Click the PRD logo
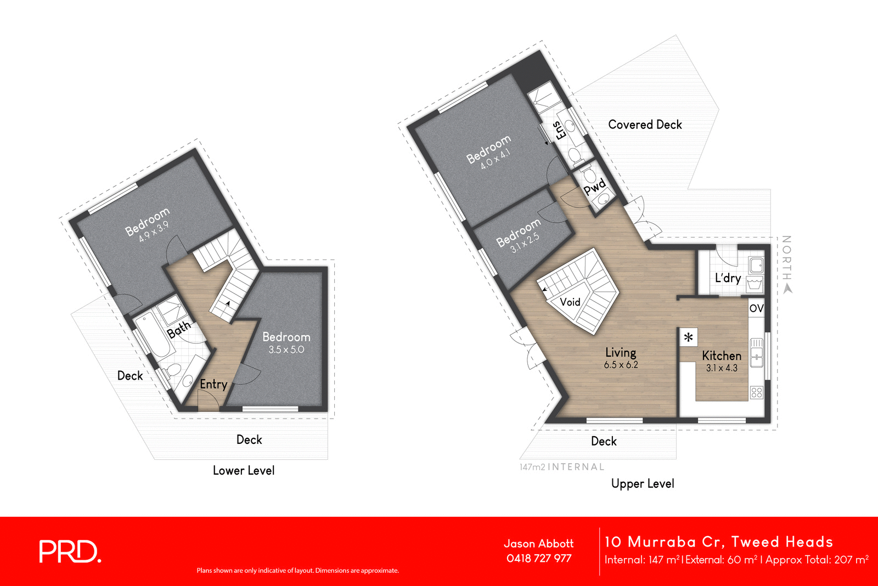(70, 551)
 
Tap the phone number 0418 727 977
(538, 559)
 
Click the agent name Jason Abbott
(538, 544)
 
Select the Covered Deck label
(645, 125)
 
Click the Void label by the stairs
(570, 302)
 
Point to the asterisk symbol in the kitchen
(688, 337)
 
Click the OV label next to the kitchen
(756, 308)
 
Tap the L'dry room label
(728, 278)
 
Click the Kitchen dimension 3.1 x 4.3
(721, 368)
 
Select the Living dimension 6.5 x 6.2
(621, 365)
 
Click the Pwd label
(594, 187)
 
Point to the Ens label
(559, 130)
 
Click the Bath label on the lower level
(179, 329)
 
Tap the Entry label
(213, 384)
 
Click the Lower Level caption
(244, 470)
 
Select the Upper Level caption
(642, 483)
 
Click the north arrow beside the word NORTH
(787, 289)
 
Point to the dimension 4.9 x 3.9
(154, 232)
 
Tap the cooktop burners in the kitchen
(756, 392)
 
